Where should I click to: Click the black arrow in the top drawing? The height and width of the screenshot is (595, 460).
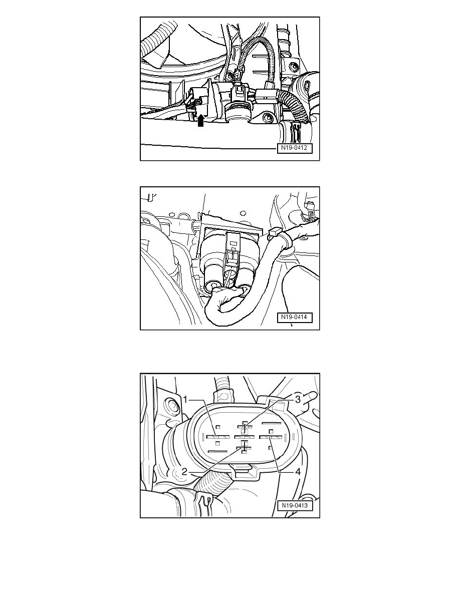200,120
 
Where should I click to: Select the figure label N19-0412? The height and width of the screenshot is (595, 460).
296,149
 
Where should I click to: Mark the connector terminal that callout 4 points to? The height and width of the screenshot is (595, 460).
271,437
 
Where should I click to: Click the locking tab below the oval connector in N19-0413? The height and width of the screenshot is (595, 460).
243,469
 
